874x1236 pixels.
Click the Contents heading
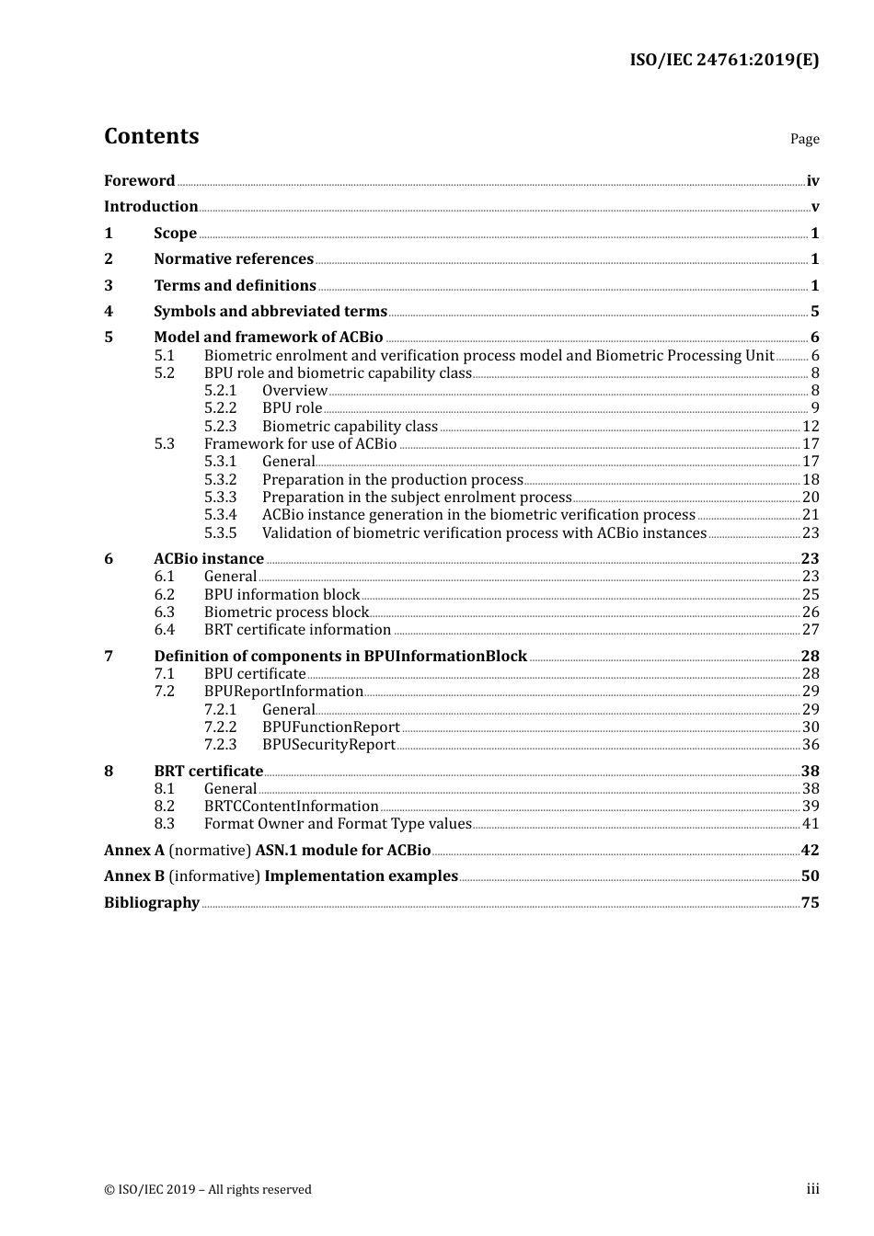(151, 136)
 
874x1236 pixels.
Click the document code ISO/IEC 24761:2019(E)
(724, 60)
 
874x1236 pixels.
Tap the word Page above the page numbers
(804, 139)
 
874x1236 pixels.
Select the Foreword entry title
(139, 181)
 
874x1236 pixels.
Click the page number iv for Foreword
(812, 181)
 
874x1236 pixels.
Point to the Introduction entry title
(151, 207)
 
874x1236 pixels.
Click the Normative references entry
(234, 259)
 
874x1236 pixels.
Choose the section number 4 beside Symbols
(109, 312)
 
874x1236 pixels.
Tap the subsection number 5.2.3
(220, 426)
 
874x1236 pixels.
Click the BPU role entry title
(292, 408)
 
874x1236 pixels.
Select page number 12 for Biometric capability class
(811, 426)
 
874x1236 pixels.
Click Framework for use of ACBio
(300, 444)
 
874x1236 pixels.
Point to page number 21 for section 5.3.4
(811, 515)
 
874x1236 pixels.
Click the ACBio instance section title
(209, 559)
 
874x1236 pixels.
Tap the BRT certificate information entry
(297, 630)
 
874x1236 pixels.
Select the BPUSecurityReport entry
(328, 745)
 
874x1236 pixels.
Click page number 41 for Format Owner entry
(811, 824)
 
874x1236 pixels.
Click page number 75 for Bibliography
(811, 903)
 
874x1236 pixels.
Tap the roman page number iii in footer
(812, 1189)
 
